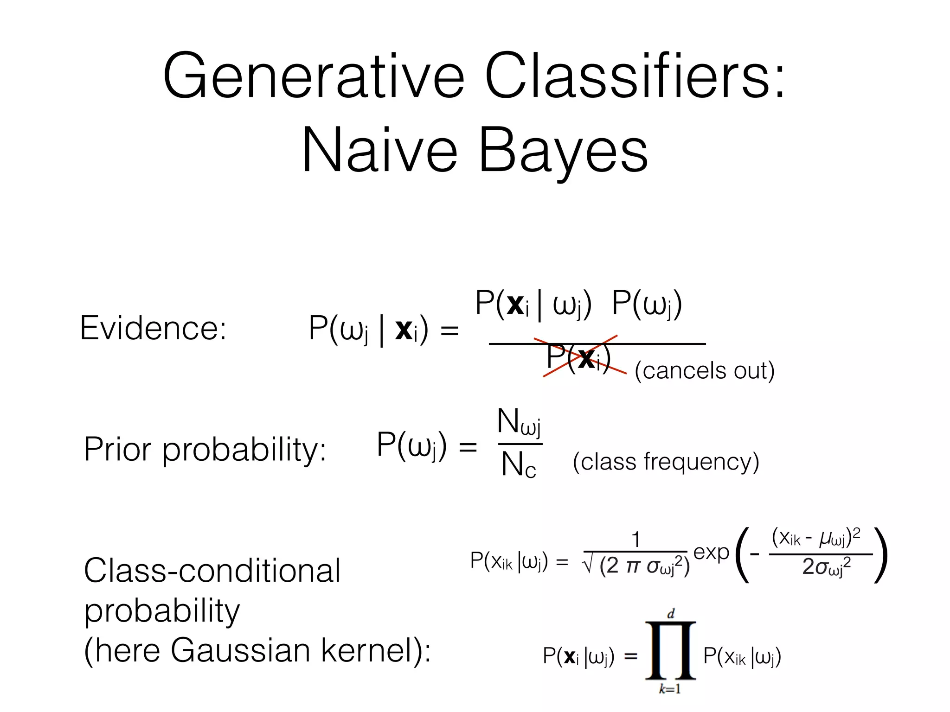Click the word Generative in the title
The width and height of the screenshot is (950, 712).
(313, 76)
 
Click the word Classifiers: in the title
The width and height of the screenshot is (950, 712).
(635, 76)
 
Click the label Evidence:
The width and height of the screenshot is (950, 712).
(153, 328)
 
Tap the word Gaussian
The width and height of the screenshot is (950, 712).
(240, 650)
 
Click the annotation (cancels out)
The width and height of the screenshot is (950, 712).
(704, 370)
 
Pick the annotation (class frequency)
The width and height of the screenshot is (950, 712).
(666, 462)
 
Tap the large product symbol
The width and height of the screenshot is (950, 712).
(671, 651)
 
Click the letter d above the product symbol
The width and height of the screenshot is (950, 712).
(671, 614)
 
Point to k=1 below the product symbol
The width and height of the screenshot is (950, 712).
(670, 689)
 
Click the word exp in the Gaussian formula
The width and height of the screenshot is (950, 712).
(711, 553)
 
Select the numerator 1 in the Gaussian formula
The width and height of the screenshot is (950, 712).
(635, 540)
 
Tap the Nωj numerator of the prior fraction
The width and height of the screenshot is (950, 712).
(519, 422)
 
